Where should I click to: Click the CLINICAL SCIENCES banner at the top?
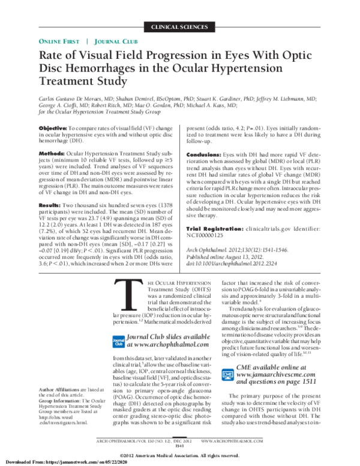click(180, 28)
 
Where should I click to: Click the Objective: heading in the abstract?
click(53, 129)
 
